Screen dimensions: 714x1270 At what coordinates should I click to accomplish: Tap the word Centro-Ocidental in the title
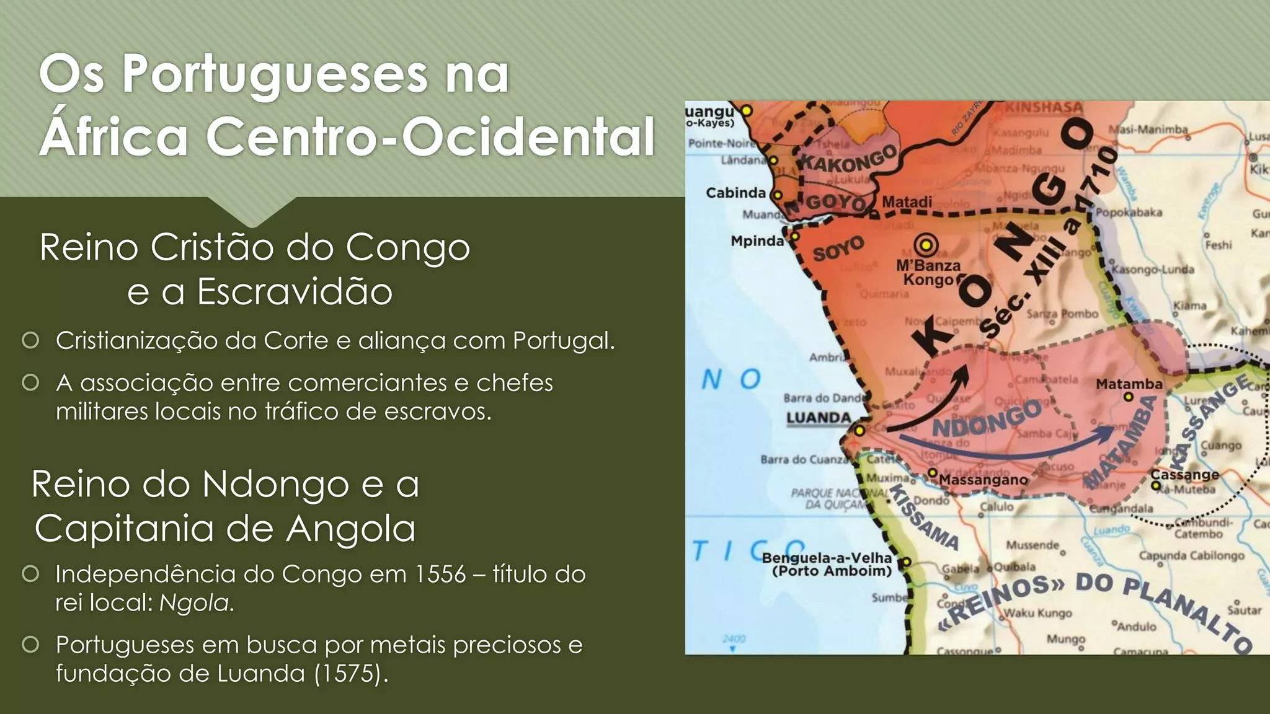pyautogui.click(x=430, y=136)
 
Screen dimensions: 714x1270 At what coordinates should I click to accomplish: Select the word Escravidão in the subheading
pyautogui.click(x=295, y=291)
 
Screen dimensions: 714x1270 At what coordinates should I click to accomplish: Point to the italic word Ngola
pyautogui.click(x=195, y=602)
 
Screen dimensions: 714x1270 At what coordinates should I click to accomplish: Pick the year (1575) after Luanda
pyautogui.click(x=348, y=673)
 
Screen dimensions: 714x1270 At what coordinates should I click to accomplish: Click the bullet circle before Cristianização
pyautogui.click(x=30, y=340)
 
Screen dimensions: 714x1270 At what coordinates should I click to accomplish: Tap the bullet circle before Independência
pyautogui.click(x=30, y=574)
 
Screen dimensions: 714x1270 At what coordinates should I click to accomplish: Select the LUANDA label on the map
pyautogui.click(x=819, y=418)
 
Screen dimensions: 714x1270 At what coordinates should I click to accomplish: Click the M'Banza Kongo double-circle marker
pyautogui.click(x=925, y=245)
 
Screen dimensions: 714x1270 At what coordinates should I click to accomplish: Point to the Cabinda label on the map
pyautogui.click(x=735, y=193)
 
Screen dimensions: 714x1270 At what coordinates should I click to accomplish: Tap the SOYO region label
pyautogui.click(x=838, y=249)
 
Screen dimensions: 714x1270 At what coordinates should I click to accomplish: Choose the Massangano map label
pyautogui.click(x=983, y=480)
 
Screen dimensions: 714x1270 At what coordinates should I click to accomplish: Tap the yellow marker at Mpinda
pyautogui.click(x=794, y=236)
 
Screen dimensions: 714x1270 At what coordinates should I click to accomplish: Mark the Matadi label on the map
pyautogui.click(x=907, y=202)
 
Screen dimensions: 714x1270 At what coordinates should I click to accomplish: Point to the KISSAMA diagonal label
pyautogui.click(x=924, y=517)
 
